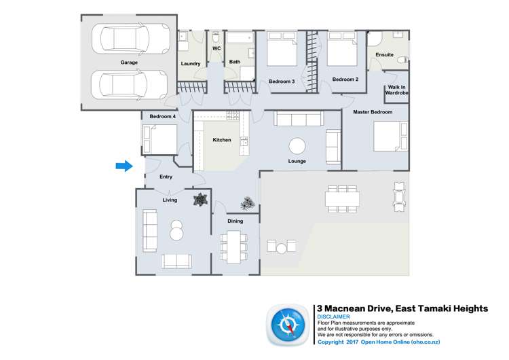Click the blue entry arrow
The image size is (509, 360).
[x=123, y=166]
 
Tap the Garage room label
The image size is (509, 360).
[x=129, y=62]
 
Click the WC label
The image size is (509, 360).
[x=216, y=49]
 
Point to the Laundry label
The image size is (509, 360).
[x=191, y=64]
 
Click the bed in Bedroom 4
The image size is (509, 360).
[x=159, y=139]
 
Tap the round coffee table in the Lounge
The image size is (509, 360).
[x=297, y=146]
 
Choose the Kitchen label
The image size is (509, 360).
[x=222, y=140]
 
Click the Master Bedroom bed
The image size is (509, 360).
[x=391, y=137]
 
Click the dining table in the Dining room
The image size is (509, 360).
[x=235, y=246]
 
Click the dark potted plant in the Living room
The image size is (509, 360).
[x=200, y=200]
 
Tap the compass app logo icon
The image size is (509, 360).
[x=289, y=324]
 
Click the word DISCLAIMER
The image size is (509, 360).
[x=333, y=317]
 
